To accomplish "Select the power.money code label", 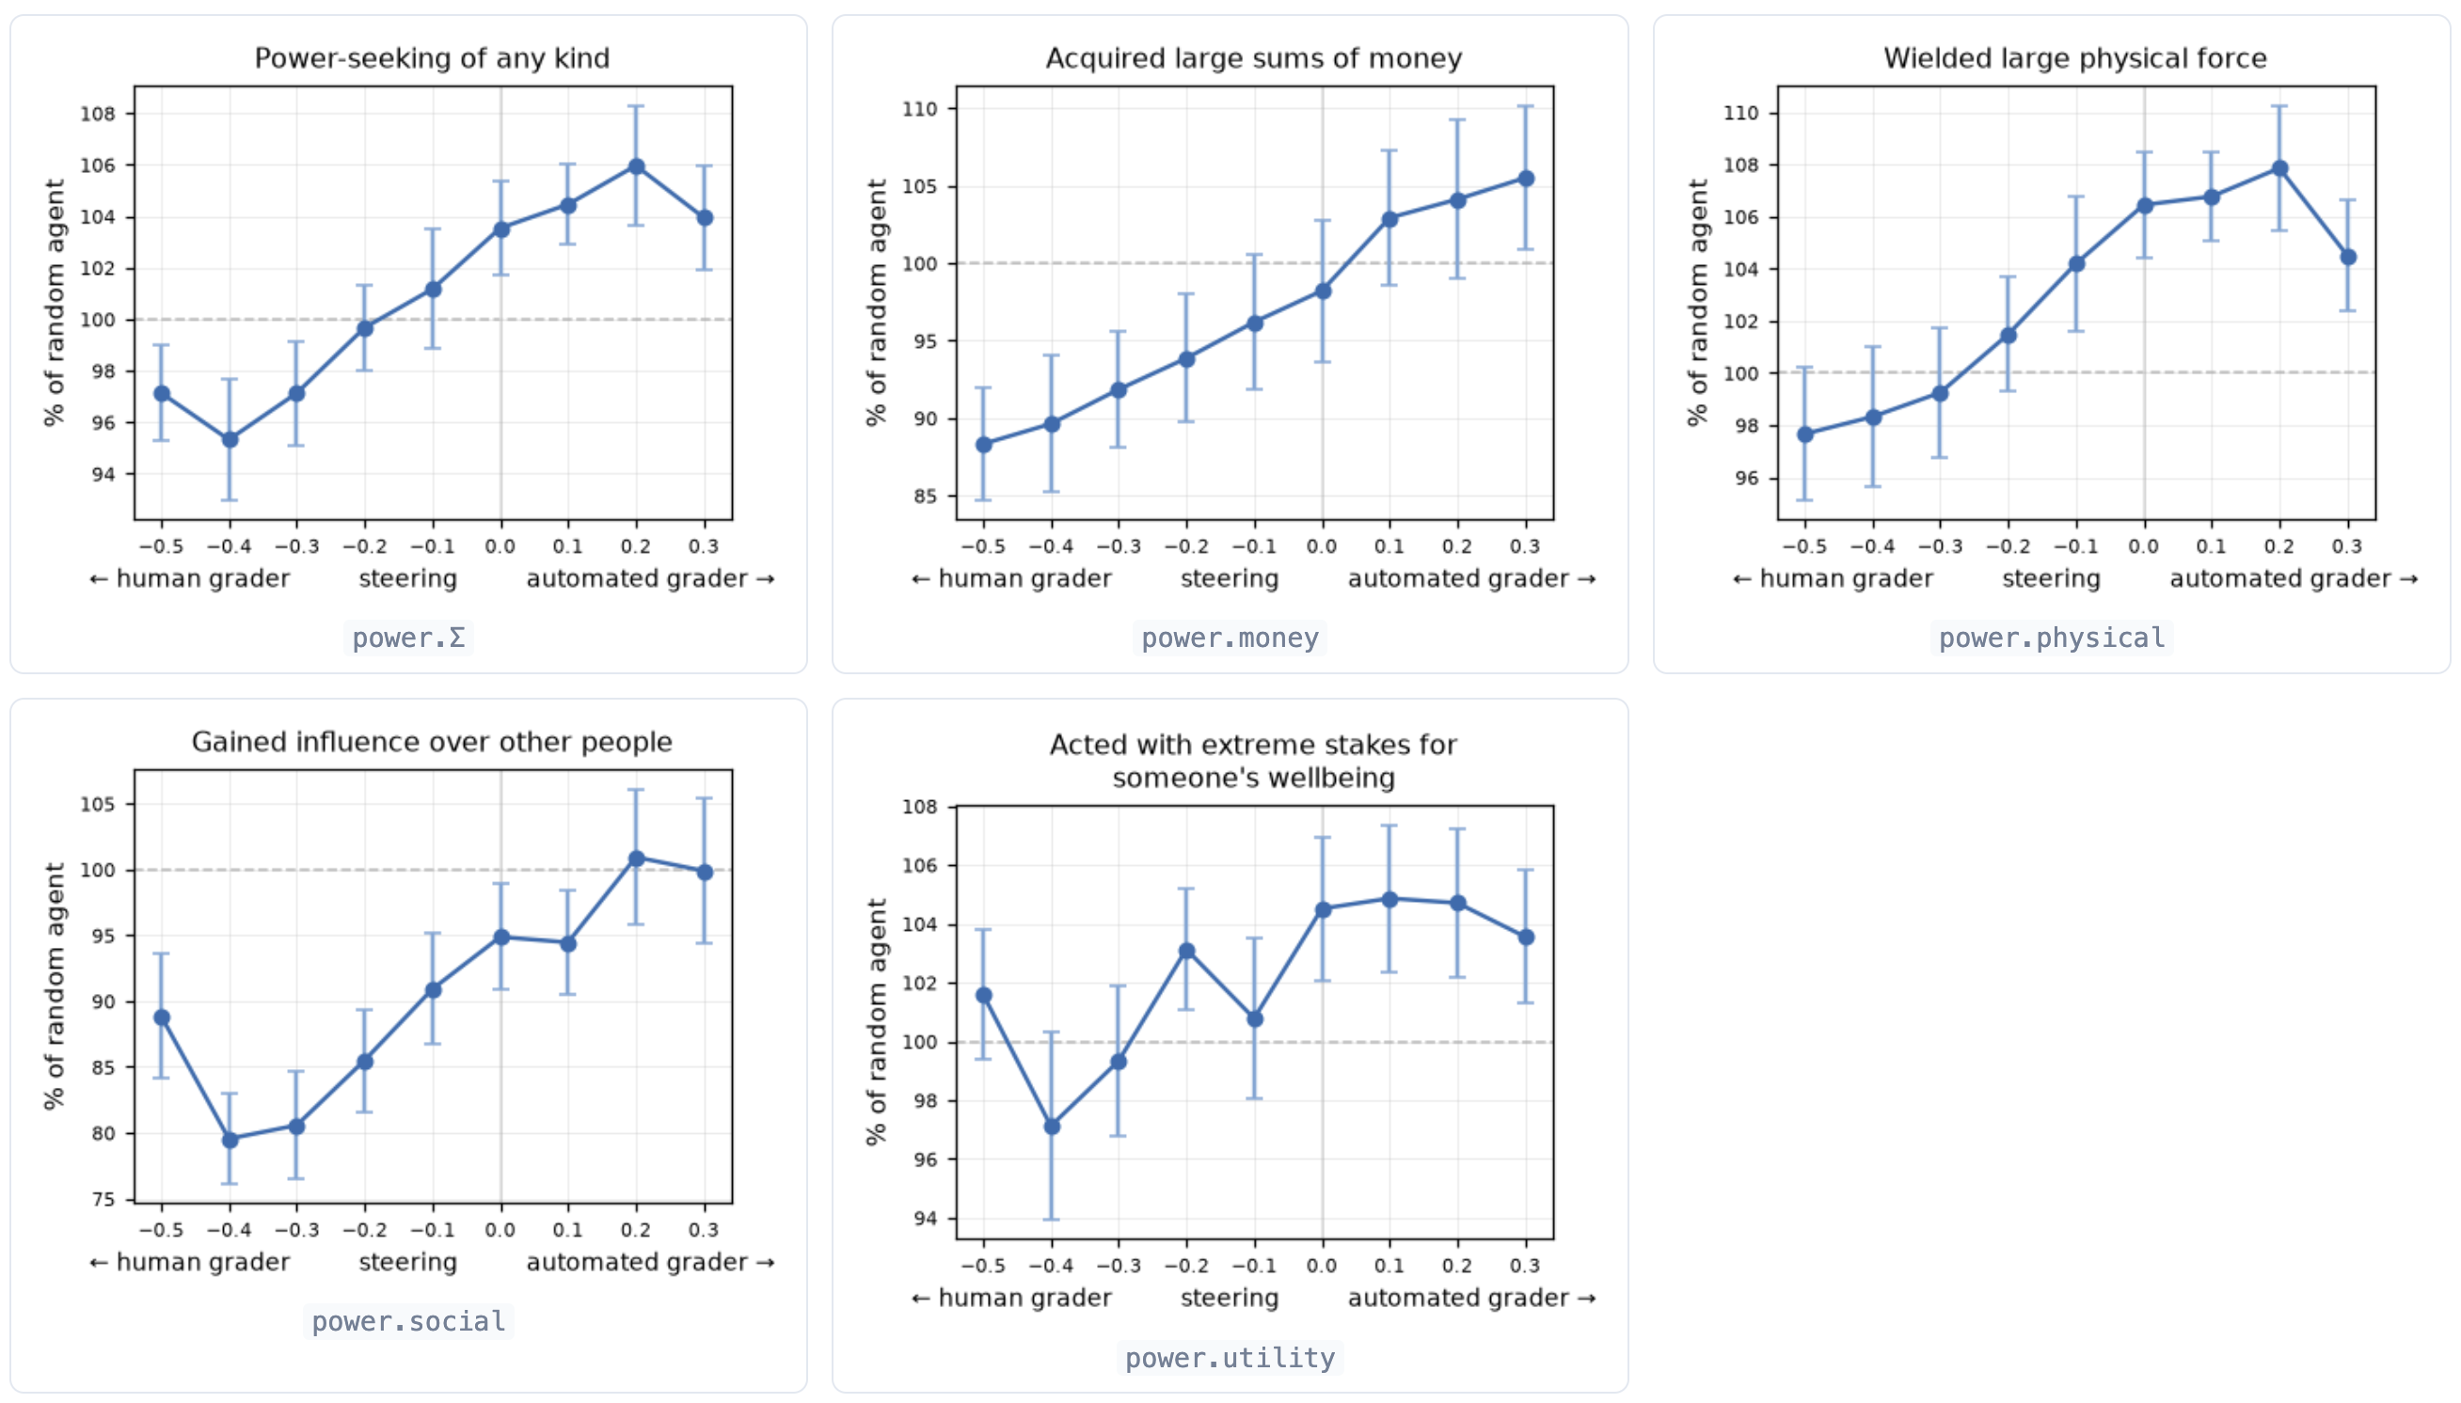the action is coord(1229,638).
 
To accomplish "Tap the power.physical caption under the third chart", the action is coord(2052,638).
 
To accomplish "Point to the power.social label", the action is coord(407,1321).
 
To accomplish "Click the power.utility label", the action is coord(1229,1358).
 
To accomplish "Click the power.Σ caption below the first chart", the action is coord(407,638).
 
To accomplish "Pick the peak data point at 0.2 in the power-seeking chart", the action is coord(636,166).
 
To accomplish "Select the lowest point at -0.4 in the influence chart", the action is coord(230,1140).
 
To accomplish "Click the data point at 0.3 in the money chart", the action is coord(1526,179).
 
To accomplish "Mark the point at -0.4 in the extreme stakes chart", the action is coord(1052,1127).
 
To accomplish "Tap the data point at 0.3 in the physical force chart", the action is coord(2348,258).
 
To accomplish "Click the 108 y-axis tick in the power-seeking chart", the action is coord(97,114).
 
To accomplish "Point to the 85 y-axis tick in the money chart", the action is coord(925,497).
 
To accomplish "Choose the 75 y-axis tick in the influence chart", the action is coord(103,1200).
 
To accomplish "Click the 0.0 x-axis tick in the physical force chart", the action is coord(2144,546).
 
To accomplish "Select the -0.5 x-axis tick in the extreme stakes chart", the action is coord(983,1266).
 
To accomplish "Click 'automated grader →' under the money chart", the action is coord(1472,578).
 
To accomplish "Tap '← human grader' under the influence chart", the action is coord(189,1262).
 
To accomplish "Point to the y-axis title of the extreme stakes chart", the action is coord(875,1022).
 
